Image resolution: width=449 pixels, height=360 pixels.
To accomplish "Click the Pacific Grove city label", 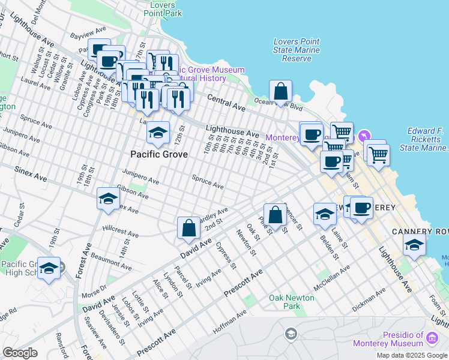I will [159, 154].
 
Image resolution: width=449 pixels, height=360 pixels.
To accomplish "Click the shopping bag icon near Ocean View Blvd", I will [280, 92].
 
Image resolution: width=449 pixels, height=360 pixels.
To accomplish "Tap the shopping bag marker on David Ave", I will [188, 228].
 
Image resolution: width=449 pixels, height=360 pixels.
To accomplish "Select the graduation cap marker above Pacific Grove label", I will [158, 133].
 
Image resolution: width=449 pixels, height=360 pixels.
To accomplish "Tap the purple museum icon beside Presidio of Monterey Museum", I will [432, 340].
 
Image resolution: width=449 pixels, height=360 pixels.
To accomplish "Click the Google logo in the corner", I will [20, 353].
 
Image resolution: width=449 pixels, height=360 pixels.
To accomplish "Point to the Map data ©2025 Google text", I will [411, 355].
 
